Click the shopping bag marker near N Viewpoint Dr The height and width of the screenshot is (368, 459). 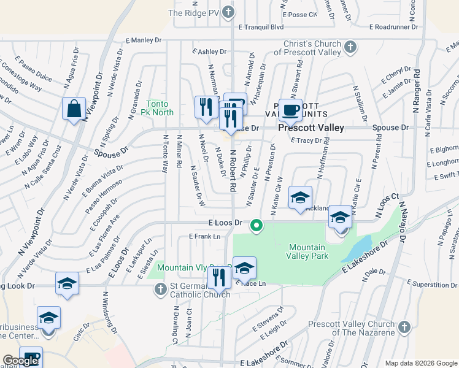coord(74,109)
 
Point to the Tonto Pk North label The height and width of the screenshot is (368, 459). coord(161,108)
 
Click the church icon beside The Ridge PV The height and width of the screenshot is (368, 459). coord(228,12)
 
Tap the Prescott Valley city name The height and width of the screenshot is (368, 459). coord(311,128)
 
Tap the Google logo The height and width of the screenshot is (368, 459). coord(20,361)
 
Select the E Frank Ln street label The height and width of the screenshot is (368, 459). coord(204,236)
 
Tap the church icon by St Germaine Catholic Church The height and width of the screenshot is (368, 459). coord(160,288)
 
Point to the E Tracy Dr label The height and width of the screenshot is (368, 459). coord(306,140)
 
